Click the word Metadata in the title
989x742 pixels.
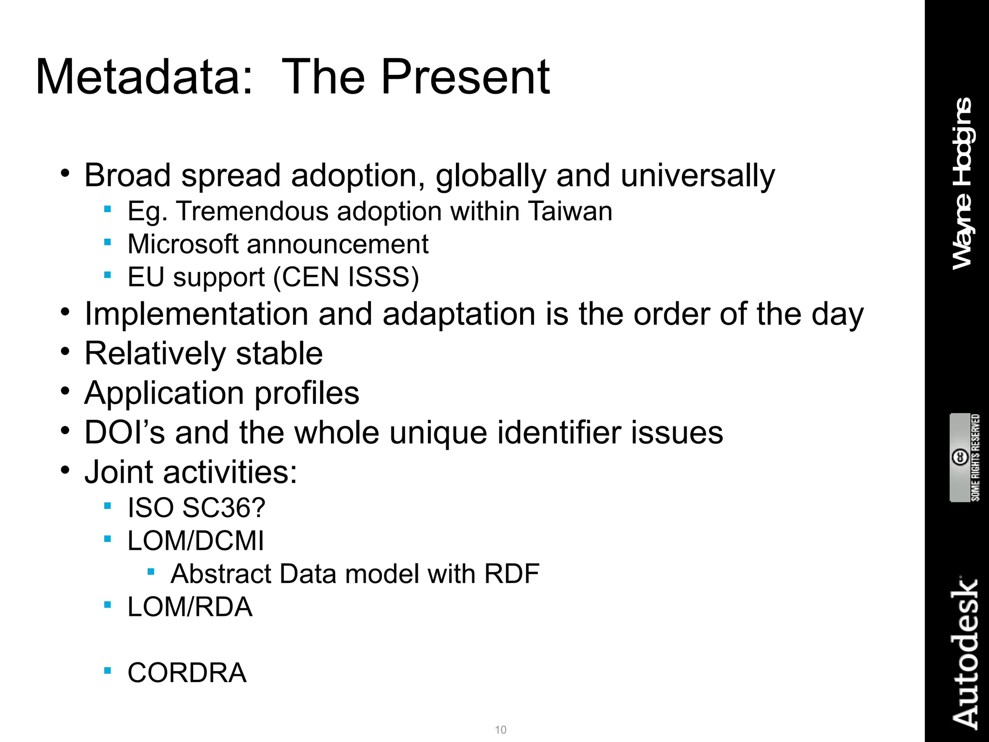(x=144, y=77)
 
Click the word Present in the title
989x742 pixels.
(x=465, y=77)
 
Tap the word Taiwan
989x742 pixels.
(x=570, y=212)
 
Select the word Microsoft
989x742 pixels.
(x=183, y=244)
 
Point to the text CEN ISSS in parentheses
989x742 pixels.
(x=346, y=277)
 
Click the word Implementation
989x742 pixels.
(x=196, y=314)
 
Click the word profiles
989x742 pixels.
(x=307, y=393)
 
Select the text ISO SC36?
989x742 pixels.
(x=196, y=508)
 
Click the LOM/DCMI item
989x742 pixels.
(x=196, y=541)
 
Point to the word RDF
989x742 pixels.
(x=511, y=574)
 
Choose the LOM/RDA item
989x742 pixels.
(x=190, y=607)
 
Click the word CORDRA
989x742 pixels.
(x=187, y=673)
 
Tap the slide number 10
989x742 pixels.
(x=501, y=729)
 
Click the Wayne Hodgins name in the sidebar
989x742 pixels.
(x=962, y=184)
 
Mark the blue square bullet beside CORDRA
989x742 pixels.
(x=108, y=670)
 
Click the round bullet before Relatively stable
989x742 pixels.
(x=65, y=351)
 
